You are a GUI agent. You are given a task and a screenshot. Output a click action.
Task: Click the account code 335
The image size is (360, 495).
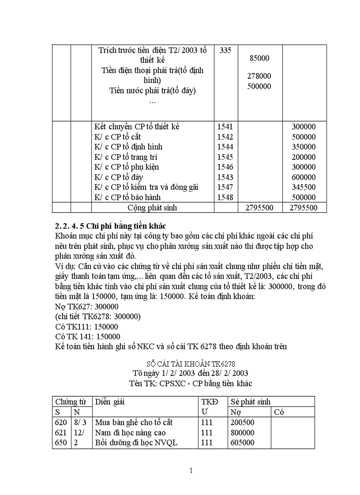(x=225, y=50)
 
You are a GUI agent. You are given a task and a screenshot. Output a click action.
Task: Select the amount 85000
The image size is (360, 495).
(x=259, y=58)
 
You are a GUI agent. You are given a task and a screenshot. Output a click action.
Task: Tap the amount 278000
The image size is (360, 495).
(x=259, y=76)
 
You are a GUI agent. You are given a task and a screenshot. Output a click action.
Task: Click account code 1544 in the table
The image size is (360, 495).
(x=225, y=147)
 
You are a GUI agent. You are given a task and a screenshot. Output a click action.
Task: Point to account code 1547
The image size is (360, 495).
(x=225, y=187)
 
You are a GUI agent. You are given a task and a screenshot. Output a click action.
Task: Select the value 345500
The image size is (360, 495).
(x=304, y=187)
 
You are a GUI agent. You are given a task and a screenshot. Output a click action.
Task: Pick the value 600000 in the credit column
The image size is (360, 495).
(x=304, y=177)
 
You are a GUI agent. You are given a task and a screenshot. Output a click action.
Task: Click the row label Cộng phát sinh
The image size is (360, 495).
(x=152, y=208)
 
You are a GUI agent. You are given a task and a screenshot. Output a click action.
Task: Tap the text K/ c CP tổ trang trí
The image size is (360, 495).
(x=126, y=157)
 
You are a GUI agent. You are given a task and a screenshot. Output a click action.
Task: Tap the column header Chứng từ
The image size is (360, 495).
(x=70, y=402)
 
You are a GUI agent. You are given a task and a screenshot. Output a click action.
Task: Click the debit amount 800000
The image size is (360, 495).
(x=243, y=433)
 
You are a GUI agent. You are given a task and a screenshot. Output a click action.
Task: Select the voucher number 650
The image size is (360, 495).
(x=61, y=443)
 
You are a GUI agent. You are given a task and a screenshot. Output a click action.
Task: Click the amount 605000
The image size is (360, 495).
(x=243, y=443)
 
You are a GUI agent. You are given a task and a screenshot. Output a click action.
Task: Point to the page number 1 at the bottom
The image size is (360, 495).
(x=191, y=471)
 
